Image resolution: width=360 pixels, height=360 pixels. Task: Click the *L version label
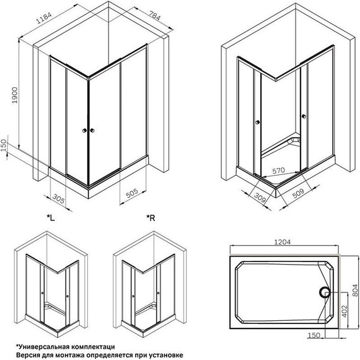[x=51, y=218]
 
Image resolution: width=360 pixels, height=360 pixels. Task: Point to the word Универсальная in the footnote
[x=39, y=346]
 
